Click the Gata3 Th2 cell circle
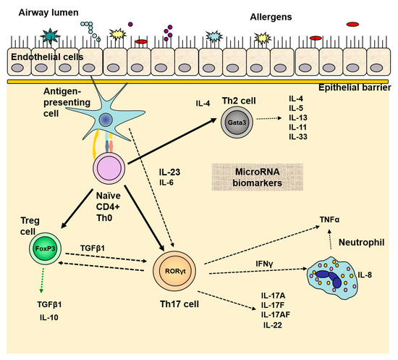[x=237, y=122]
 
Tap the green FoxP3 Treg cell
[x=45, y=248]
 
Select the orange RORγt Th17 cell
[x=174, y=271]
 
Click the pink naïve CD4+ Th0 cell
[x=109, y=169]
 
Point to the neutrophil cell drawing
[x=333, y=277]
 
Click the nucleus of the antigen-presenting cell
[x=106, y=120]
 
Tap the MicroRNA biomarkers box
[x=258, y=177]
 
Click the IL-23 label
[x=169, y=172]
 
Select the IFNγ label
[x=264, y=264]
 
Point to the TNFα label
[x=329, y=219]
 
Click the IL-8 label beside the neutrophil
[x=365, y=275]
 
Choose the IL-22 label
[x=273, y=325]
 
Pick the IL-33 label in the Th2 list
[x=298, y=137]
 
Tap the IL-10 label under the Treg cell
[x=49, y=317]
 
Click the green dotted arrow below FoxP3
[x=42, y=280]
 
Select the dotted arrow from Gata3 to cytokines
[x=269, y=118]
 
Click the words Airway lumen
[x=48, y=12]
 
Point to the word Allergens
[x=271, y=17]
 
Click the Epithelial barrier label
[x=355, y=88]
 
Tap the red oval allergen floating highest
[x=353, y=24]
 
